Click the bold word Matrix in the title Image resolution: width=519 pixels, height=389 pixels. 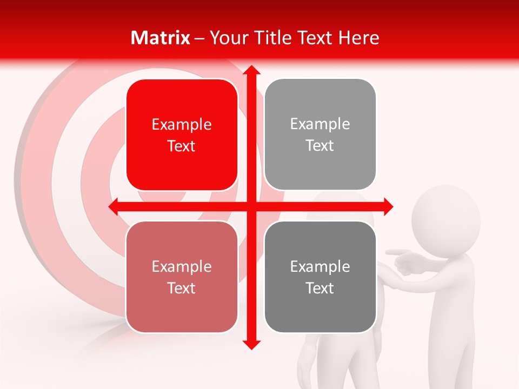[161, 38]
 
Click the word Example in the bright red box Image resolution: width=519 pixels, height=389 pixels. [182, 125]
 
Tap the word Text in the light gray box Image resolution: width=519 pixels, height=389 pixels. [320, 146]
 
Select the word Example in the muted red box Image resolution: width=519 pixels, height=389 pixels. [182, 267]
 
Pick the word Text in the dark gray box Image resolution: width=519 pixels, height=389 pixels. [320, 288]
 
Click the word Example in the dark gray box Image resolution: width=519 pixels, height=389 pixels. [320, 267]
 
